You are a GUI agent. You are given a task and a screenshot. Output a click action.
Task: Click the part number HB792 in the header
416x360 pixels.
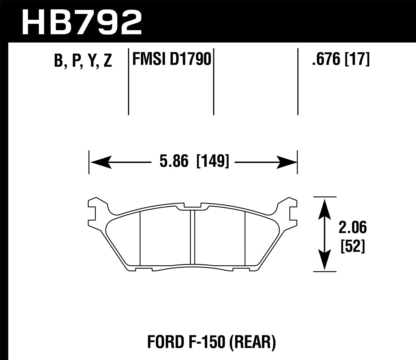(82, 22)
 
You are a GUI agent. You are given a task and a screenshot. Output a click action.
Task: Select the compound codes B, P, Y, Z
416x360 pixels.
(83, 61)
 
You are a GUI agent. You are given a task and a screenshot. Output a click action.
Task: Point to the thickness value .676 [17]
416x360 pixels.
(341, 59)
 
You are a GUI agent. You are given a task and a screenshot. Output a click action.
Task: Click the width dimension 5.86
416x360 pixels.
(174, 162)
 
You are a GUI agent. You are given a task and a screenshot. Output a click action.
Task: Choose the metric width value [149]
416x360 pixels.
(213, 162)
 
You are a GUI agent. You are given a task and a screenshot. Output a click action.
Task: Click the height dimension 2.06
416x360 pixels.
(352, 228)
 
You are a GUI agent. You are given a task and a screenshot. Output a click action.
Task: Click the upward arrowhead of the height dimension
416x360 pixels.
(324, 208)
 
